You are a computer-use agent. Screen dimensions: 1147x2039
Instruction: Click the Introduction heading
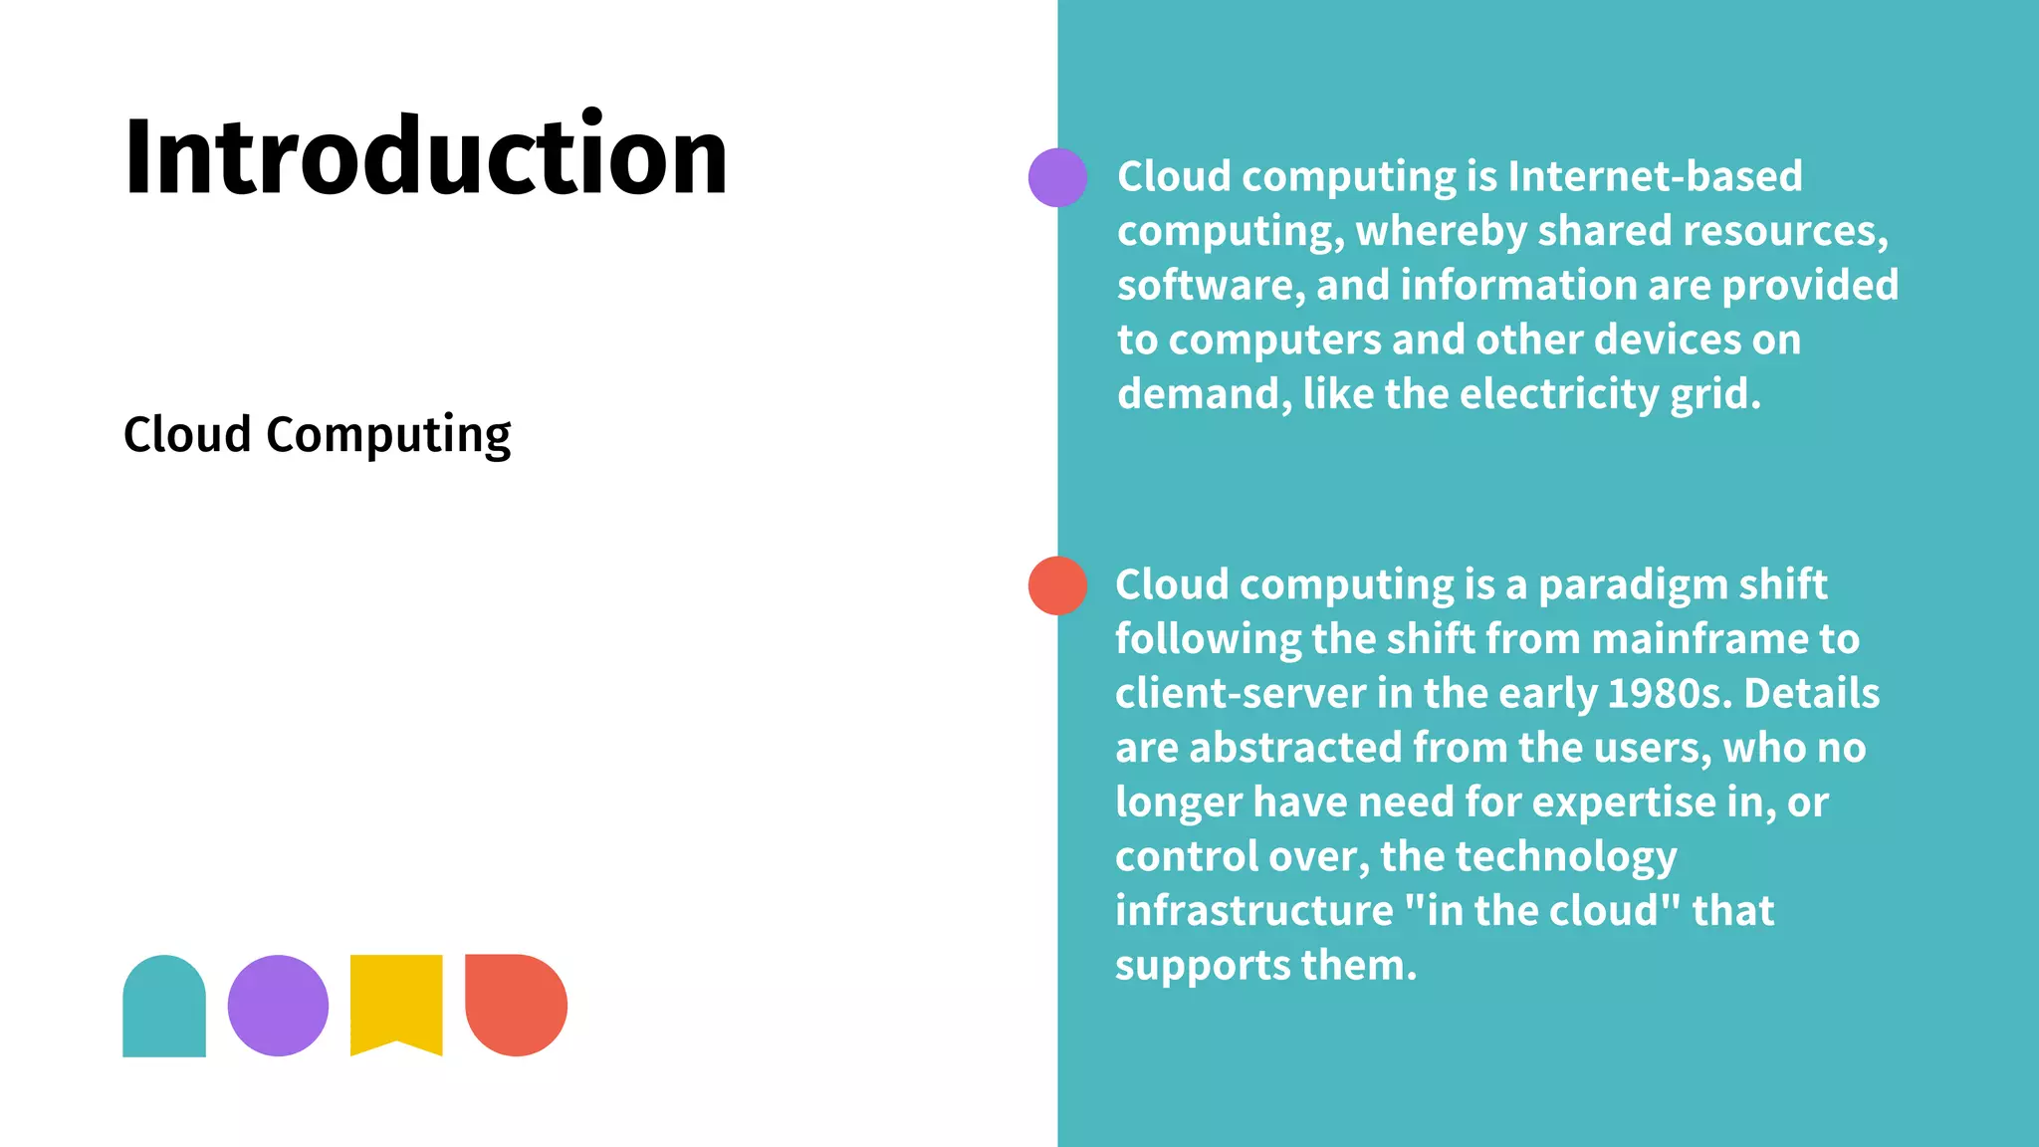(425, 156)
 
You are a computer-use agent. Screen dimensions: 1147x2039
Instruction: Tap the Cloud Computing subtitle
(317, 435)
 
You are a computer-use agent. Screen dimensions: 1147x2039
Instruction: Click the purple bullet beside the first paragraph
(1057, 177)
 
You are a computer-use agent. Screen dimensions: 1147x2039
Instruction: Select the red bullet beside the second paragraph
(1057, 585)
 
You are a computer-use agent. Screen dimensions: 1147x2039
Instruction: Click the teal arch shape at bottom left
(164, 1006)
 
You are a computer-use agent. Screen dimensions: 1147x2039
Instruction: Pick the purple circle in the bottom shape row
(278, 1006)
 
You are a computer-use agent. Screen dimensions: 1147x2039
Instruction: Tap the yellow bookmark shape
(396, 1002)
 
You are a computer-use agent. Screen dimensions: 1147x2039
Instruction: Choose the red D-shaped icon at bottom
(516, 1005)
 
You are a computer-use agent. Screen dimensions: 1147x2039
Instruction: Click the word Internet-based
(1655, 177)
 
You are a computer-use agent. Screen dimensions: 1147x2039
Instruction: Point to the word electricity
(1559, 394)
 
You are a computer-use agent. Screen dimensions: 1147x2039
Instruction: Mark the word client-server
(1240, 694)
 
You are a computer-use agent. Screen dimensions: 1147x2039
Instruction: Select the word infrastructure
(1253, 911)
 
